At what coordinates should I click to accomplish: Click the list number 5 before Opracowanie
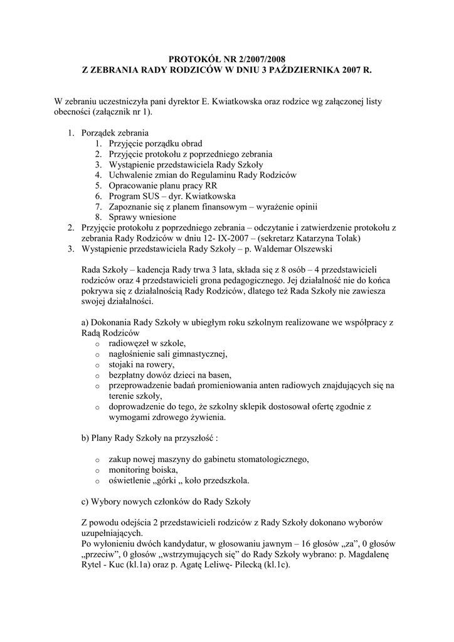point(98,186)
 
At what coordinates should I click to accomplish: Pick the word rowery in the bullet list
point(159,364)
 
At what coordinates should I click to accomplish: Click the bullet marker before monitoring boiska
point(97,470)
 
